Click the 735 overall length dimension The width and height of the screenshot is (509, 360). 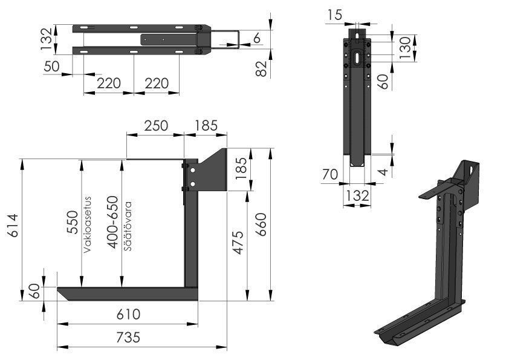128,337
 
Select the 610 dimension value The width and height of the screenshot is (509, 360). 128,315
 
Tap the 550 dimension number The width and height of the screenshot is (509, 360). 72,222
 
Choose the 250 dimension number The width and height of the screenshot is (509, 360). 155,126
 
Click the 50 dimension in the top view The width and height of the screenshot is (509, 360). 52,66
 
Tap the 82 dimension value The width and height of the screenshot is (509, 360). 261,68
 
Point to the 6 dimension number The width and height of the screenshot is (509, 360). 257,39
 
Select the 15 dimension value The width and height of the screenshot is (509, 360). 334,14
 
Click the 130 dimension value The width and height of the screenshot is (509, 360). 406,46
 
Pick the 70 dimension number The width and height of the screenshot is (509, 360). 329,175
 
